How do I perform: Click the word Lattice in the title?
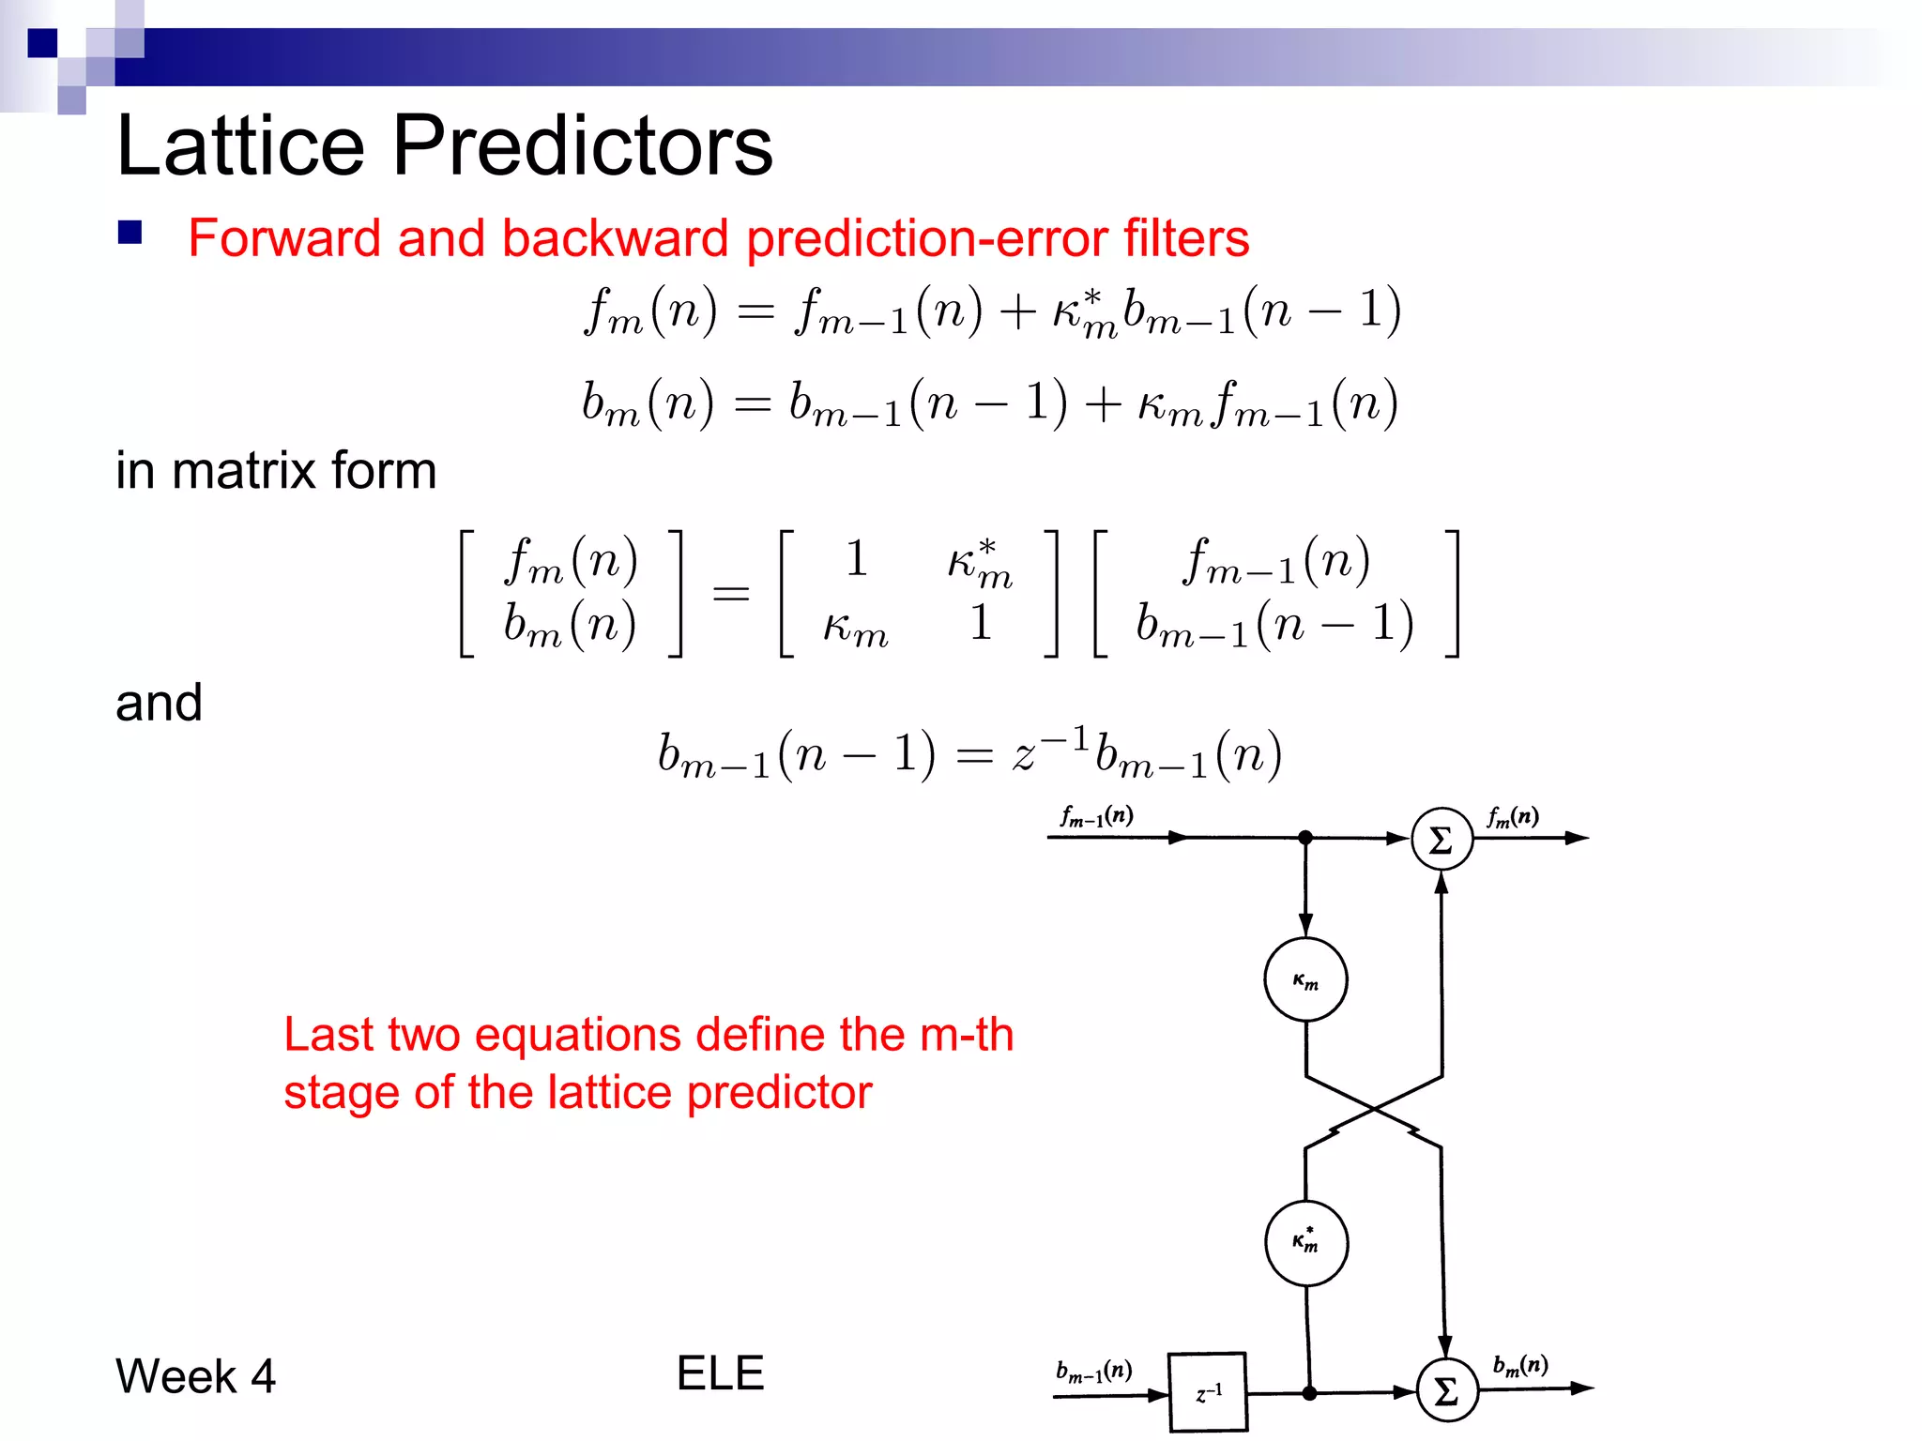240,145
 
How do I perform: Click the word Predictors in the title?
582,145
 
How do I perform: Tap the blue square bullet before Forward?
130,233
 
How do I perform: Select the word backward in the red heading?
615,237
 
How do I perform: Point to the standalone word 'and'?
159,703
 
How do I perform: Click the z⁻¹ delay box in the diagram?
1208,1392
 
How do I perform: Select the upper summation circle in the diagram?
1441,839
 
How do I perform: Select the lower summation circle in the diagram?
1446,1390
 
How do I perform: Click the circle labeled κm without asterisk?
1305,979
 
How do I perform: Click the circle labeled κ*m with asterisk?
1305,1242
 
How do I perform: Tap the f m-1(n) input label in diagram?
1096,816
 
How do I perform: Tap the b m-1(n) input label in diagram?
1093,1371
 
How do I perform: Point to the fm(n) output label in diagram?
1512,817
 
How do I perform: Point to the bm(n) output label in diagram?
1519,1365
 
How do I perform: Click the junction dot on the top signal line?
1305,837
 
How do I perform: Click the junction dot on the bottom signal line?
1309,1393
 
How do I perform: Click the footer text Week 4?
195,1376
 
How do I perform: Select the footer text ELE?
720,1373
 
